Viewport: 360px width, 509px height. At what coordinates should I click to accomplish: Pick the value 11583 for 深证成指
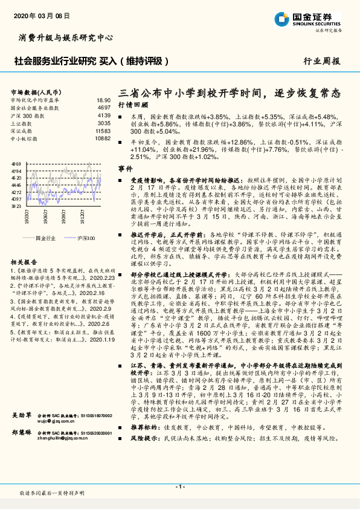(103, 131)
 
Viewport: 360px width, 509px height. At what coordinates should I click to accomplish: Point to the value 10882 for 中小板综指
(103, 138)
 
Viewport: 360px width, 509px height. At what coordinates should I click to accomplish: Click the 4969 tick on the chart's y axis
(16, 164)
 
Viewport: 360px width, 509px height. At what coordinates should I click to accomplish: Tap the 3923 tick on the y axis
(16, 206)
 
